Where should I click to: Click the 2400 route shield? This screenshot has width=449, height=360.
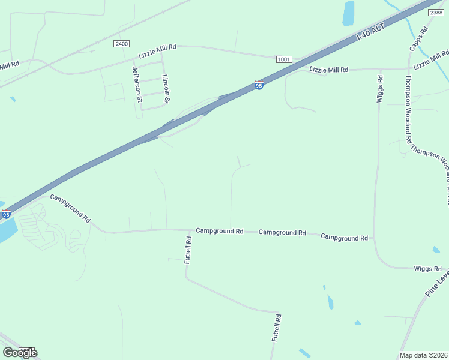point(121,44)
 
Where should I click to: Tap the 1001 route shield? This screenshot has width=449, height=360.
point(284,59)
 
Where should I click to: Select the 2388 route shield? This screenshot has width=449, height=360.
point(436,12)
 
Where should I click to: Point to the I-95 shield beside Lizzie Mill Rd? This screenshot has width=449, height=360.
point(259,85)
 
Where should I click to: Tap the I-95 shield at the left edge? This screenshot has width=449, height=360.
point(7,214)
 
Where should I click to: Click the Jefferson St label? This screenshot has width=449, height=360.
point(137,84)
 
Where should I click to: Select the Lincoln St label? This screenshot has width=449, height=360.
point(166,88)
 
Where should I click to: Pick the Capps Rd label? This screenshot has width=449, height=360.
point(418,38)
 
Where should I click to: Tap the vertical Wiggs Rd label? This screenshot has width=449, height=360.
point(380,89)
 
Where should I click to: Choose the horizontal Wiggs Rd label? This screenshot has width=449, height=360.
point(427,269)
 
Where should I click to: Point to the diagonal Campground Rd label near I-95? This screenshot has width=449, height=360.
point(70,208)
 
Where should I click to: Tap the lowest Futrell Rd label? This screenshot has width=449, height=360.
point(277,328)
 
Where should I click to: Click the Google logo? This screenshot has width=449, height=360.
point(20,352)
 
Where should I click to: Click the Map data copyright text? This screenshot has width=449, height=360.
point(424,355)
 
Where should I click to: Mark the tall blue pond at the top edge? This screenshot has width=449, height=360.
point(348,13)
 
